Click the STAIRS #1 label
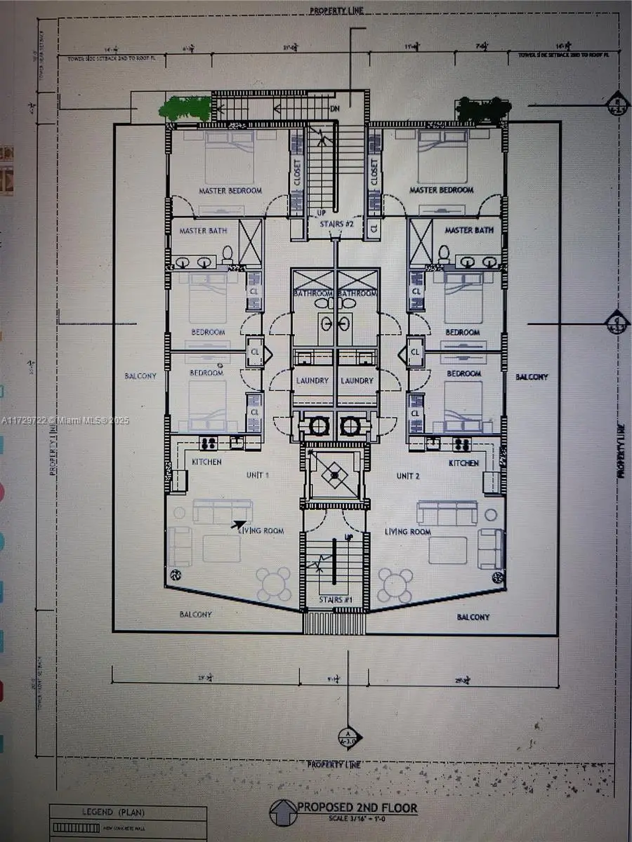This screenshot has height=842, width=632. [334, 600]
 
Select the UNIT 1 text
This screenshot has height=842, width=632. [257, 475]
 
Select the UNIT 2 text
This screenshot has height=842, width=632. [407, 476]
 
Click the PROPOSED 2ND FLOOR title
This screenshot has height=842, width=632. [357, 808]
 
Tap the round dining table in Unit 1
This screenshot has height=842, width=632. [273, 584]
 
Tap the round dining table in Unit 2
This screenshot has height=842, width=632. [395, 584]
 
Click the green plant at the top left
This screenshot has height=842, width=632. [185, 109]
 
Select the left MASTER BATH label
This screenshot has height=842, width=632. [203, 230]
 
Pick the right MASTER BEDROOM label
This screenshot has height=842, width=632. [441, 190]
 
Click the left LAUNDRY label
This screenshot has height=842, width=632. [312, 380]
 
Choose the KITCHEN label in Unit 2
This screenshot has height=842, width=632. [463, 463]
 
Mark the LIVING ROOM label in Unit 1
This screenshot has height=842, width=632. [261, 531]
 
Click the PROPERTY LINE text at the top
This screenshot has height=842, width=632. [338, 11]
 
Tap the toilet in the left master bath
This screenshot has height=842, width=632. [228, 254]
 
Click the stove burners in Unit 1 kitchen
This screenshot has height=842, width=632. [208, 443]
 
